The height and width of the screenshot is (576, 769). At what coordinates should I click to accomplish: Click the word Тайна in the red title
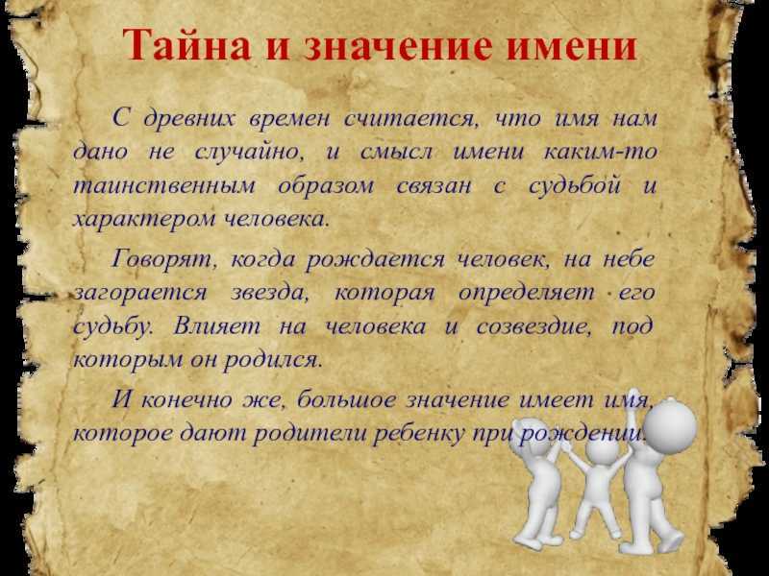(186, 45)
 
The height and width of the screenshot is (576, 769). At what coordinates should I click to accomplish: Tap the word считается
(411, 119)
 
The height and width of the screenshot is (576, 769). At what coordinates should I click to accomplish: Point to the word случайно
(249, 153)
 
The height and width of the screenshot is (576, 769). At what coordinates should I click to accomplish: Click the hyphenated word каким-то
(600, 152)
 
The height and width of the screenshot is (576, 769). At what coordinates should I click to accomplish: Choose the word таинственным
(164, 185)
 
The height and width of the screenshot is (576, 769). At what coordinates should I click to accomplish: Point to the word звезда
(269, 293)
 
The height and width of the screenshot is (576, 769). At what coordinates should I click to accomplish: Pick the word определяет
(526, 294)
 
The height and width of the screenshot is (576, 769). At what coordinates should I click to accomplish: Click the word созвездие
(533, 326)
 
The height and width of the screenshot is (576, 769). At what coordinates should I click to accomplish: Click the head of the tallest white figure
(670, 424)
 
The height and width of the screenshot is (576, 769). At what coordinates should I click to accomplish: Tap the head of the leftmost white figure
(532, 438)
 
